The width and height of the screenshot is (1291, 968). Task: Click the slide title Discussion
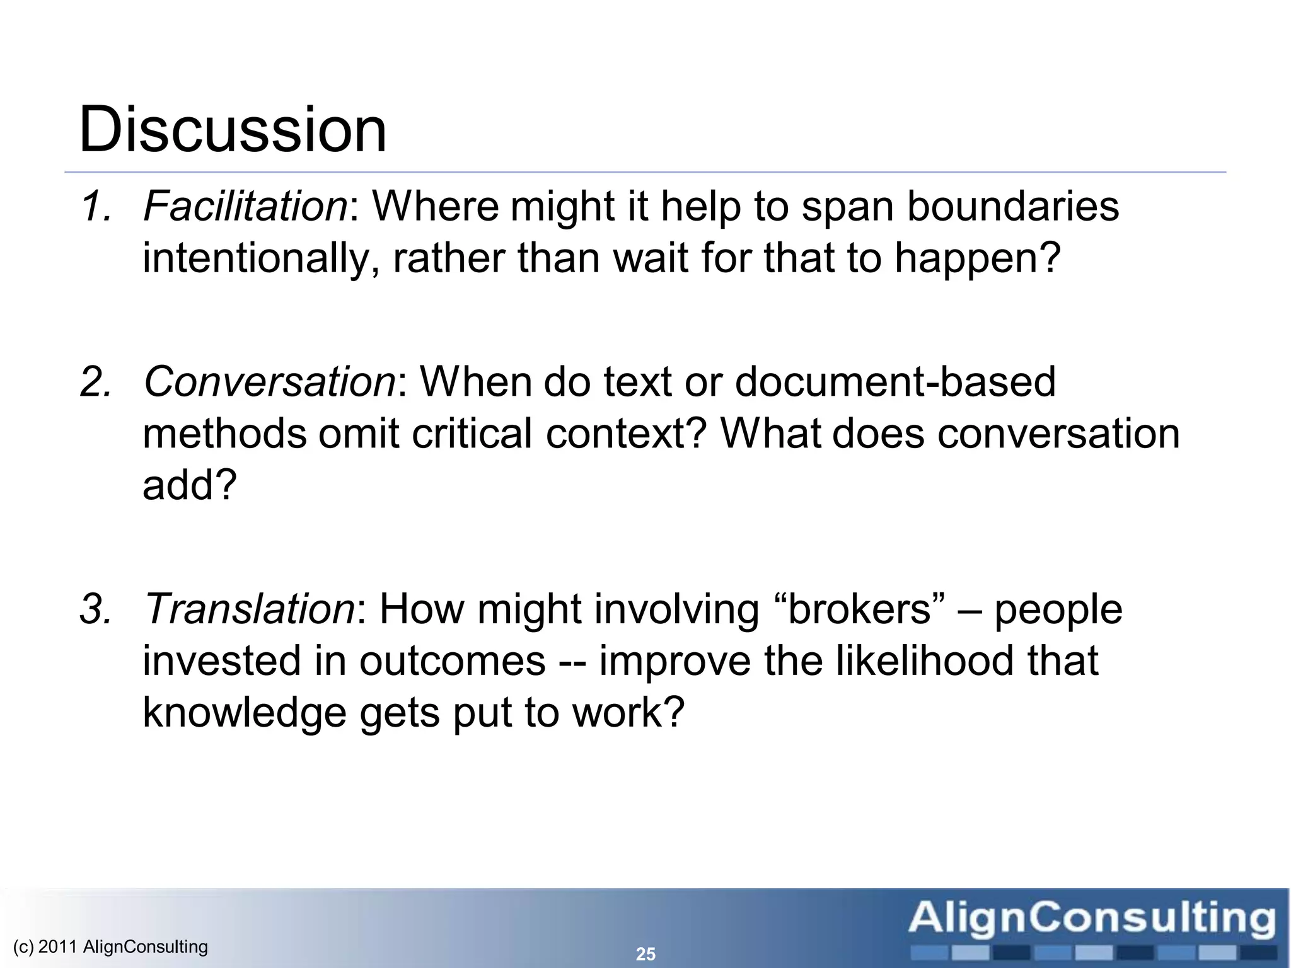pos(232,130)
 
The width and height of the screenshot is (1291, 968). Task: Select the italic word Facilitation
pos(245,206)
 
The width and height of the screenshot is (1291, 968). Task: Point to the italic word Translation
pos(250,609)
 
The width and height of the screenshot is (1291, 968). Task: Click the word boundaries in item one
pos(1012,206)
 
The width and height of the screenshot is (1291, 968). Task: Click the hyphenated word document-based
pos(895,382)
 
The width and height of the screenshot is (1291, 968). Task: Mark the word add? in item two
pos(189,485)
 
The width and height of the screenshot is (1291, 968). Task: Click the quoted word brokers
pos(860,609)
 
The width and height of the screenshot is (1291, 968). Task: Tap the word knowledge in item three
pos(245,713)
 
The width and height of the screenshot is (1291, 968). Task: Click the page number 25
pos(645,954)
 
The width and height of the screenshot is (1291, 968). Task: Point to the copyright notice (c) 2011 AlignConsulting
pos(110,947)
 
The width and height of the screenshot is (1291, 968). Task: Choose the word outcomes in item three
pos(452,661)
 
